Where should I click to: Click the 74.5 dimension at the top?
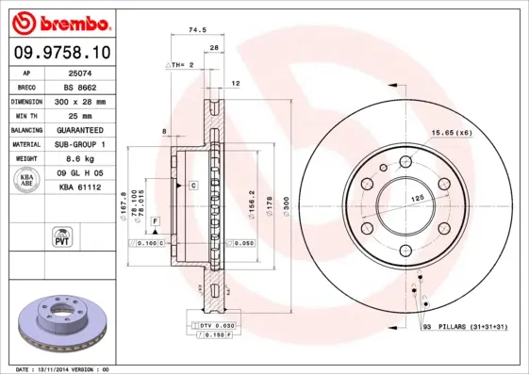click(197, 30)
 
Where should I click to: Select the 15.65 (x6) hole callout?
click(452, 132)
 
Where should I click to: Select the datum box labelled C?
click(192, 186)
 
